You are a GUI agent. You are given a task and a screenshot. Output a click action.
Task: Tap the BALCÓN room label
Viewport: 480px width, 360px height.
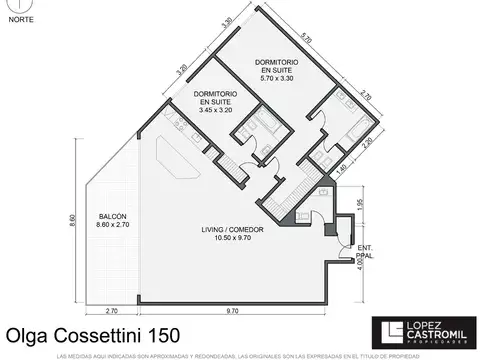coord(112,217)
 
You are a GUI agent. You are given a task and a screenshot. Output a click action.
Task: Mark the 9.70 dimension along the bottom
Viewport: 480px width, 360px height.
coord(231,314)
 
